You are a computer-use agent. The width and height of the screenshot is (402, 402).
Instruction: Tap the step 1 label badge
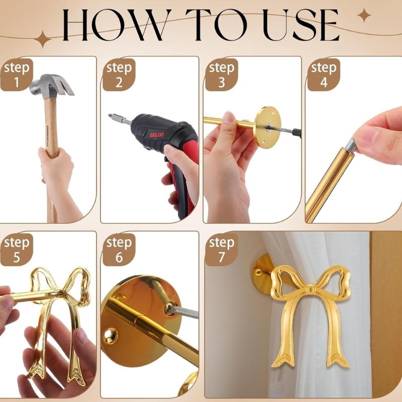coord(16,74)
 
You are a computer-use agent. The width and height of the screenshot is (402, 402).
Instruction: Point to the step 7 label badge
coord(222,249)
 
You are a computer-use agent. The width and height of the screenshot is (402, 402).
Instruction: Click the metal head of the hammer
coord(50,85)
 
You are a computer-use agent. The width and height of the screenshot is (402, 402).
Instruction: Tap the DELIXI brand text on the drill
coord(157,135)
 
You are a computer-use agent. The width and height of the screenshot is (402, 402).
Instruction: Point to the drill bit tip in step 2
coord(111,117)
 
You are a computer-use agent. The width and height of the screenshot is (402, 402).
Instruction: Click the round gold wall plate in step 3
coord(266,126)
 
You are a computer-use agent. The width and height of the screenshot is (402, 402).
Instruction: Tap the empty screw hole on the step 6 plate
coord(111,333)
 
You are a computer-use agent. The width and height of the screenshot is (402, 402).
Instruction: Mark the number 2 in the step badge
coord(119,82)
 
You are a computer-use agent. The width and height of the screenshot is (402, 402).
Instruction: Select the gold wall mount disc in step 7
coord(262,274)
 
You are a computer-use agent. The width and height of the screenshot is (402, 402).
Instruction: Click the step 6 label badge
coord(119,249)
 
